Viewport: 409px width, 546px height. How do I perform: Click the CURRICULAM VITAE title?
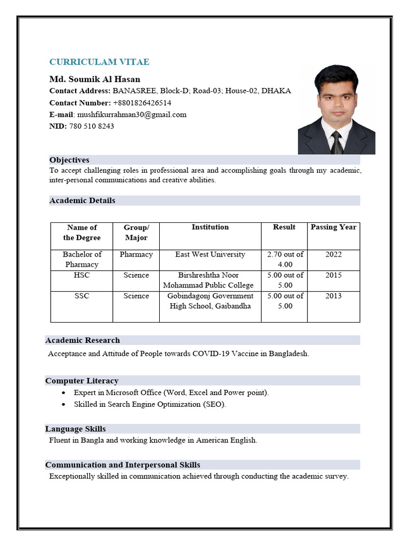[99, 62]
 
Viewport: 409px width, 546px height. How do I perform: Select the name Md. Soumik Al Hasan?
[95, 79]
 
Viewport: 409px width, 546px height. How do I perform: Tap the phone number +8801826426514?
[142, 102]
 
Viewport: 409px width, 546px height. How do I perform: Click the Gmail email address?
[132, 114]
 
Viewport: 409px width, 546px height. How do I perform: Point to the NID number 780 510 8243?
[92, 126]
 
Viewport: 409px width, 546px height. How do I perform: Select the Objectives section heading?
[69, 160]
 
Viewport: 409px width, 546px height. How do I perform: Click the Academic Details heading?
[82, 200]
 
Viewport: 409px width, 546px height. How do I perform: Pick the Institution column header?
[210, 227]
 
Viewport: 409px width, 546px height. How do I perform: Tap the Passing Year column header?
[333, 227]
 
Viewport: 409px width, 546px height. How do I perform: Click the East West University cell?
[210, 254]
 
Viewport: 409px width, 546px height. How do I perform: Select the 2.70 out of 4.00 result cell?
[285, 259]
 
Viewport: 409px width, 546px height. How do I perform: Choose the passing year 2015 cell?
[333, 275]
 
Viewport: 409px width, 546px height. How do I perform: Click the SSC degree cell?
[81, 296]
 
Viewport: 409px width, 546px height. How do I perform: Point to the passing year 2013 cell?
[333, 296]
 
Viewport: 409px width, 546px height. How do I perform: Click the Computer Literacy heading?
[81, 381]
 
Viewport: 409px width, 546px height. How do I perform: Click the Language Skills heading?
[75, 429]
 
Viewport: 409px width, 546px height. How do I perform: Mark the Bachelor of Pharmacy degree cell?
[81, 259]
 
